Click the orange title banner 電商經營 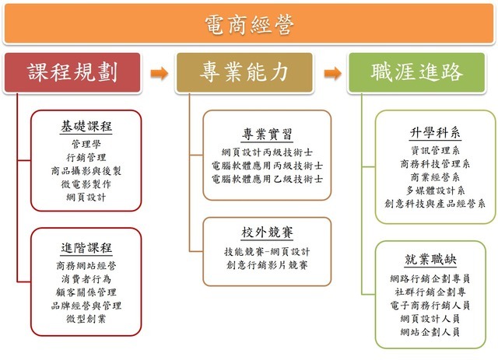click(249, 26)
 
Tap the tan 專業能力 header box click(244, 73)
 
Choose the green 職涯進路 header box click(417, 73)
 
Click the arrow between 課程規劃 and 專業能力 click(159, 74)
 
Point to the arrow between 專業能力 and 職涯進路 click(332, 74)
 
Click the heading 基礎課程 click(86, 126)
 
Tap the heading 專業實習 click(267, 132)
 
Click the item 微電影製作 click(86, 184)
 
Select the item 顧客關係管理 click(86, 292)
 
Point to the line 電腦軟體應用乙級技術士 click(267, 178)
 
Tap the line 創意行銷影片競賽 click(267, 265)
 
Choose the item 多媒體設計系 click(435, 190)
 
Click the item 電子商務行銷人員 click(434, 306)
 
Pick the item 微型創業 click(86, 320)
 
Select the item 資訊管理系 click(435, 151)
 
